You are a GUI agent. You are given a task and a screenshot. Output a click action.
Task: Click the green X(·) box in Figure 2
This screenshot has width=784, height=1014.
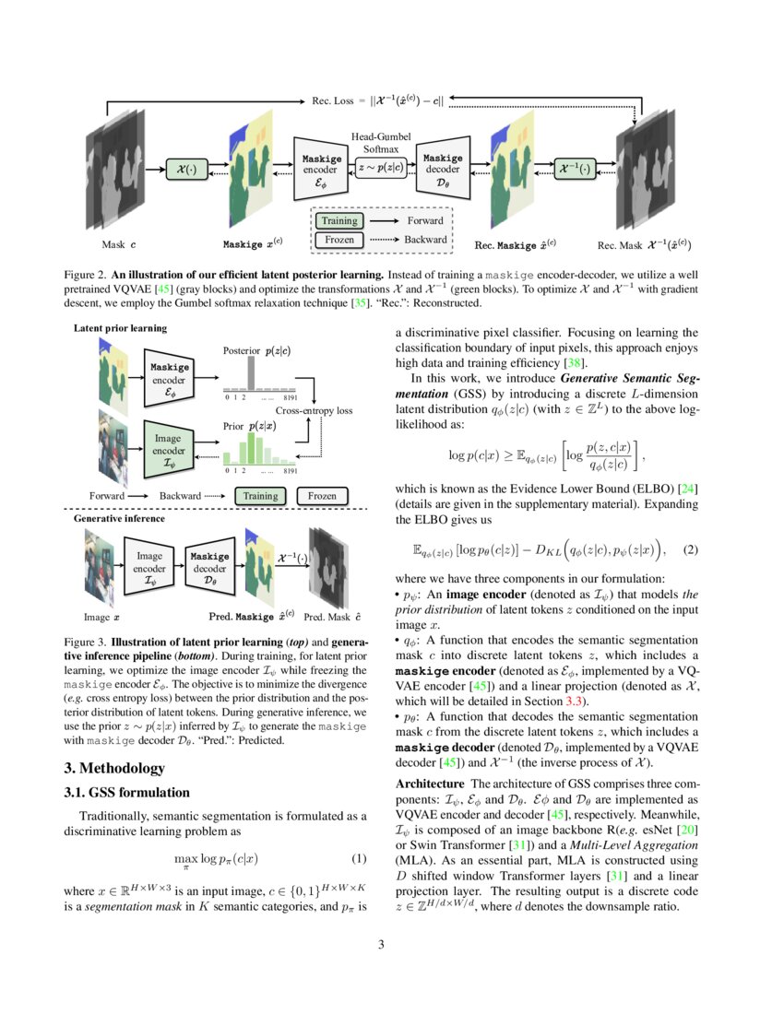(x=186, y=170)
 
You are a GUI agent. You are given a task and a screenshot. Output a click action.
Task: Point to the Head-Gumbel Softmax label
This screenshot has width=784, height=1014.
(x=380, y=142)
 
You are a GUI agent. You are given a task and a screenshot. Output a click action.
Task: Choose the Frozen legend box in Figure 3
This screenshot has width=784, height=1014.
(x=322, y=496)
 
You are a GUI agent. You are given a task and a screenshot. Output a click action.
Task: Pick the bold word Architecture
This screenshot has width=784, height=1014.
(x=421, y=784)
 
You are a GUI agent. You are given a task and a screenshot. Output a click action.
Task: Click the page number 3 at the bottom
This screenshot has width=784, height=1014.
(x=392, y=944)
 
